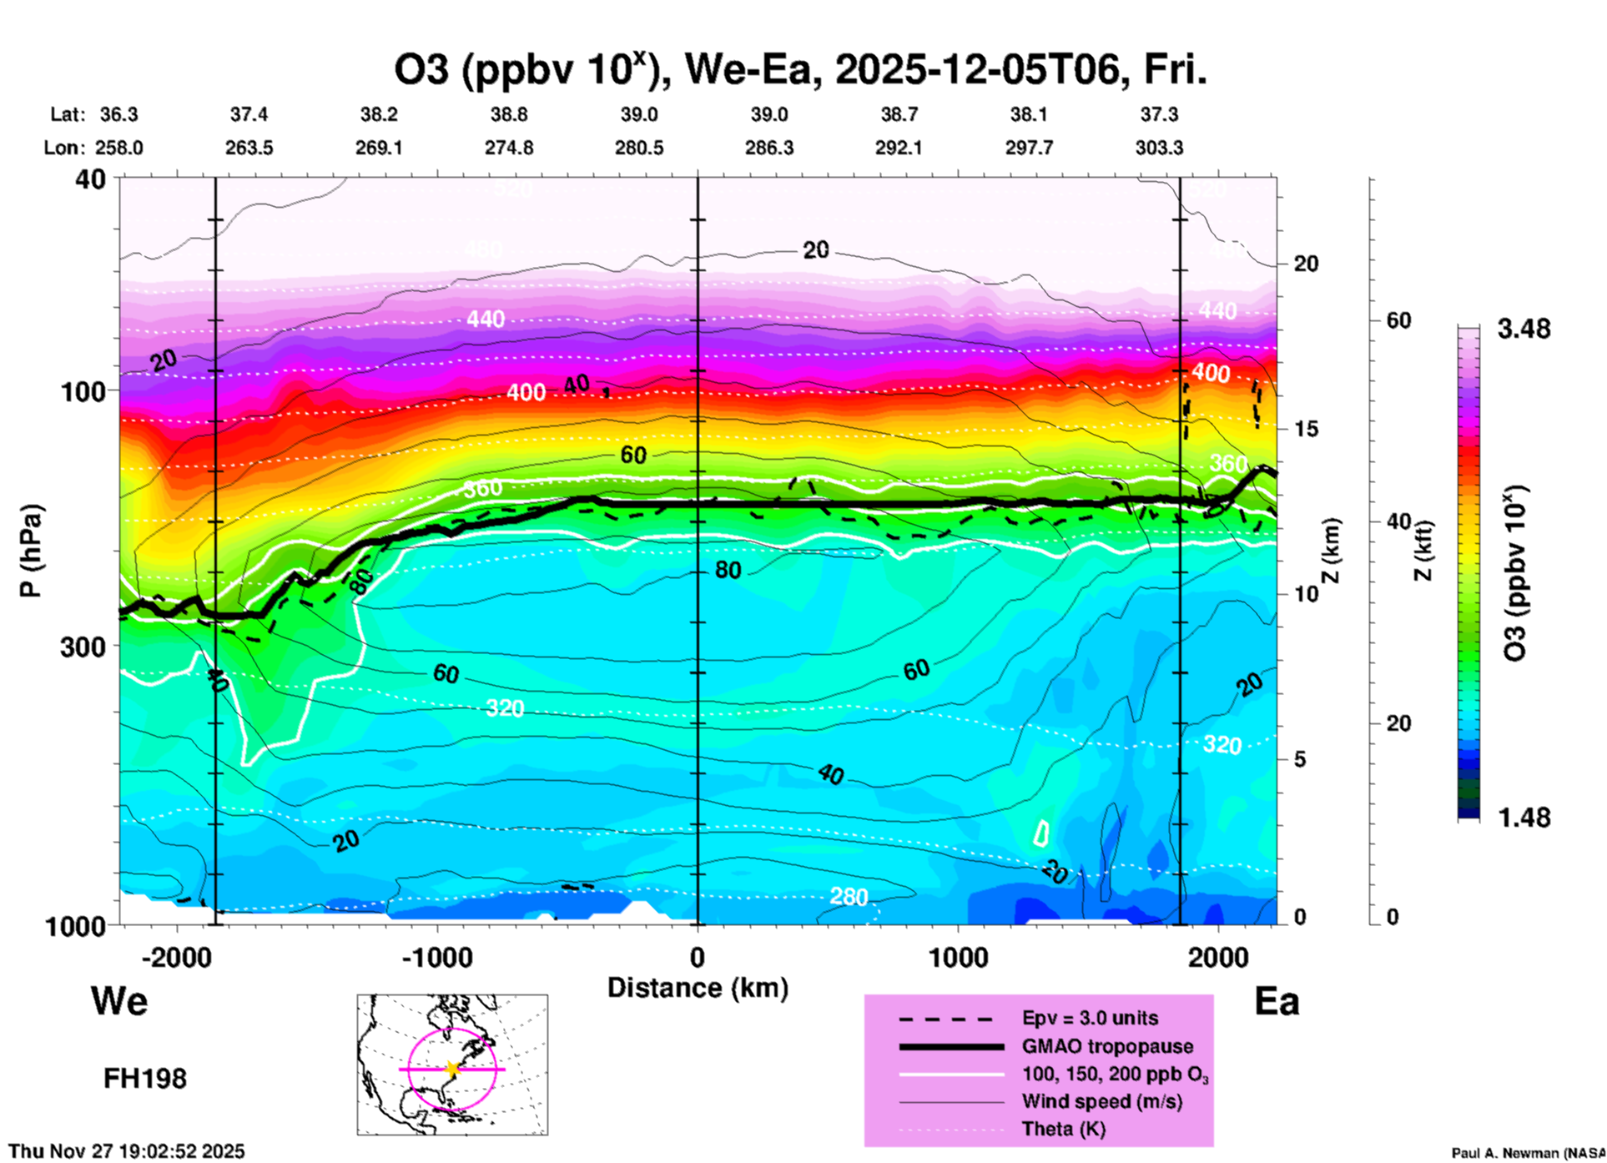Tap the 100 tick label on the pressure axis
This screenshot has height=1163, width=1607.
pos(83,391)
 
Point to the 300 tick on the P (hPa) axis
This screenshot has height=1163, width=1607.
pos(83,647)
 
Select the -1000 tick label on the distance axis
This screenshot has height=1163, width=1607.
pos(436,958)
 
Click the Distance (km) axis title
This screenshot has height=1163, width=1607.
pos(698,988)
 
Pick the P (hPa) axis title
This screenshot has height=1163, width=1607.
pos(31,551)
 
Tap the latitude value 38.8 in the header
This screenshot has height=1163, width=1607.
pos(508,114)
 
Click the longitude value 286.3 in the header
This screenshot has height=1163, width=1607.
pos(768,148)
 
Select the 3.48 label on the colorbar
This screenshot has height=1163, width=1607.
pos(1524,329)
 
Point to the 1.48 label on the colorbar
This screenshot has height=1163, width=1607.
pos(1524,818)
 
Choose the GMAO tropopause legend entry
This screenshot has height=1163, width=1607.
pos(1106,1046)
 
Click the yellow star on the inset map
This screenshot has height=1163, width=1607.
pos(452,1069)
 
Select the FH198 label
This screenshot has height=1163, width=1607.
pos(145,1079)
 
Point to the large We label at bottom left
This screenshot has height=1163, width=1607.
pos(119,1001)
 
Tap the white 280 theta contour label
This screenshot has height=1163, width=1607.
pos(849,897)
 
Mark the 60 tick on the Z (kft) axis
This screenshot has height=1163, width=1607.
pos(1398,320)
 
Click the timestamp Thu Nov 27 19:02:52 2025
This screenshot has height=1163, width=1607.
pos(127,1151)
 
